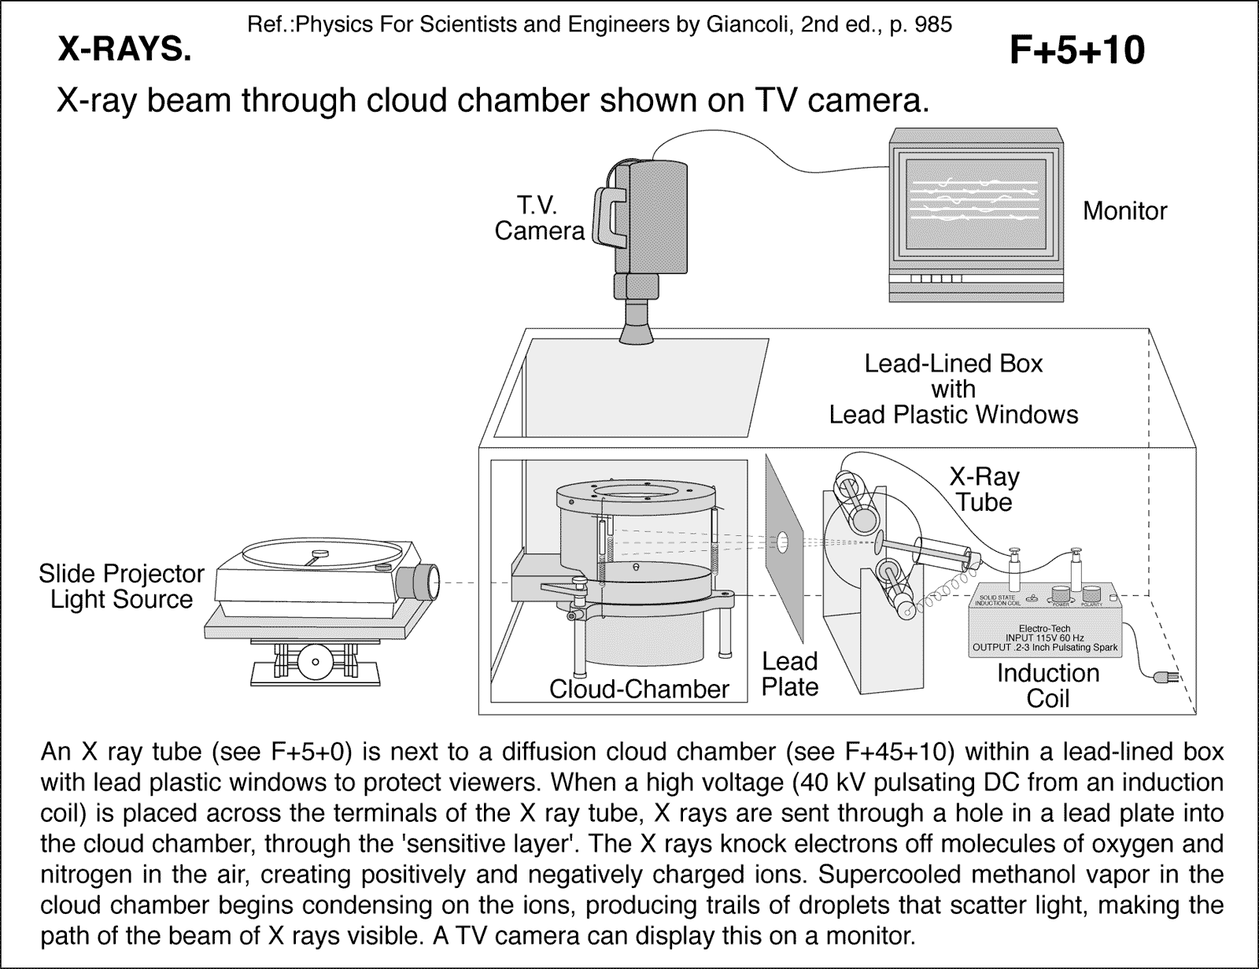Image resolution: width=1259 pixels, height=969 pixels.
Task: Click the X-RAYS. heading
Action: click(x=124, y=51)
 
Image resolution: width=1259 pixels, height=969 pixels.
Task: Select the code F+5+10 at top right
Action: click(x=1076, y=51)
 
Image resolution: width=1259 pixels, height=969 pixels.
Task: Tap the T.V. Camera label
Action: click(x=539, y=218)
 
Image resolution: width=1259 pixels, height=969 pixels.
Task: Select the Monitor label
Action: click(x=1124, y=211)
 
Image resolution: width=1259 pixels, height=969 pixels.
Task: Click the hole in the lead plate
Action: click(x=784, y=540)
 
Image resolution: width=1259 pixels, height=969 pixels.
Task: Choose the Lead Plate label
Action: click(x=790, y=674)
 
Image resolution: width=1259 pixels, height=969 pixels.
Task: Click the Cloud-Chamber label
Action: click(x=639, y=690)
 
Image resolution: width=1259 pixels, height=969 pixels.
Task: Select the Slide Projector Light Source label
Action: click(x=121, y=586)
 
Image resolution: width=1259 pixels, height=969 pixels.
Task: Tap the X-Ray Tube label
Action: click(x=984, y=489)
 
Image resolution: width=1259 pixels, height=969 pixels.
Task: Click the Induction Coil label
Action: click(x=1047, y=686)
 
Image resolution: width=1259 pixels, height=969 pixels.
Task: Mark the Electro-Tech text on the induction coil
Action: click(x=1044, y=627)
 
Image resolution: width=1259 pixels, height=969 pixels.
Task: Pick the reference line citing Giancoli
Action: click(x=600, y=24)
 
